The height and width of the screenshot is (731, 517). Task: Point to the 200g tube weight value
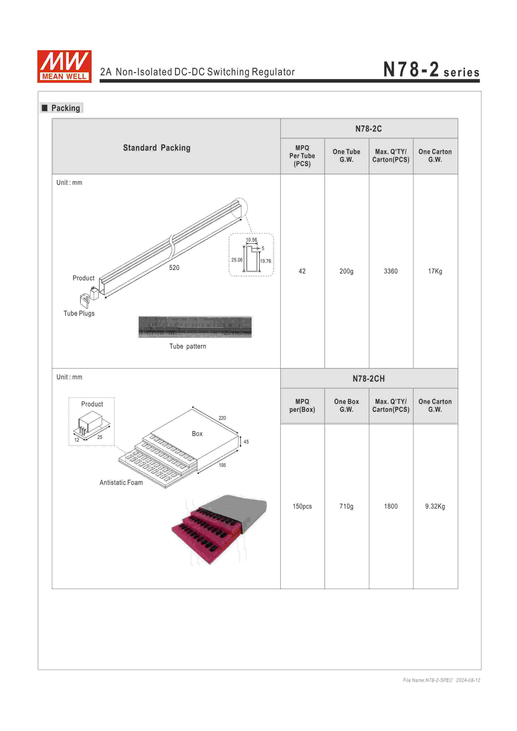(346, 271)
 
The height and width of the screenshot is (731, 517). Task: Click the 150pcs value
(302, 506)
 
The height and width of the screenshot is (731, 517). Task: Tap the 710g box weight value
(346, 506)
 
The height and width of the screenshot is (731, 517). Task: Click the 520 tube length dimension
(174, 267)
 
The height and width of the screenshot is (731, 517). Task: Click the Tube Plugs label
(79, 313)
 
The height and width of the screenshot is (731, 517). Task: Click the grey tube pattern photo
(195, 327)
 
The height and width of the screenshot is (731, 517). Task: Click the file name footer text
(441, 680)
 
